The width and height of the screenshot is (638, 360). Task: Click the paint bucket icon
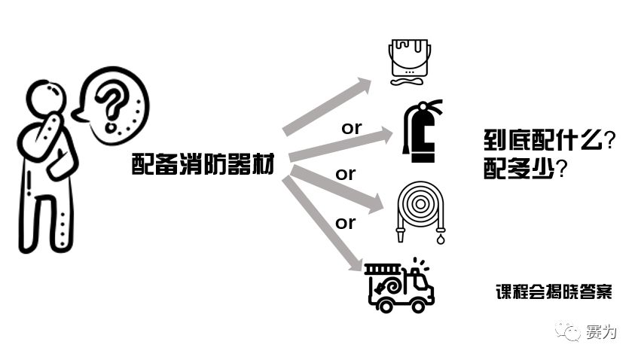pyautogui.click(x=411, y=60)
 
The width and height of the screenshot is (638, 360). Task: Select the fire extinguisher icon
pyautogui.click(x=421, y=133)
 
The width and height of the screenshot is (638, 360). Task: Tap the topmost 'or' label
pyautogui.click(x=352, y=128)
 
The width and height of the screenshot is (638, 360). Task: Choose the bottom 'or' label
pyautogui.click(x=345, y=223)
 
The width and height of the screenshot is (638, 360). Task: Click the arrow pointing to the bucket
pyautogui.click(x=328, y=105)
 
